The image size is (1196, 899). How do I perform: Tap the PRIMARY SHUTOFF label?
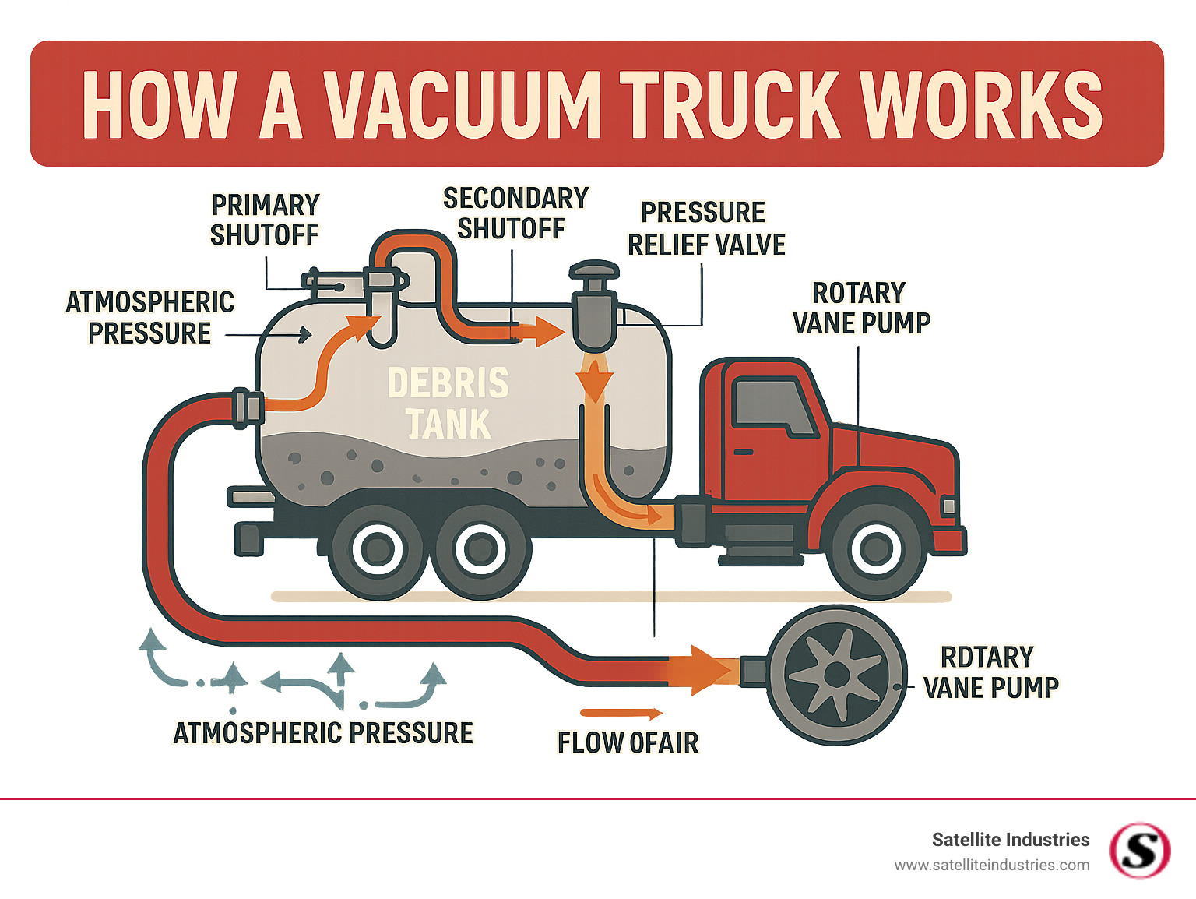click(x=265, y=220)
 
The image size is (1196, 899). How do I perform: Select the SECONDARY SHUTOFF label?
click(x=515, y=213)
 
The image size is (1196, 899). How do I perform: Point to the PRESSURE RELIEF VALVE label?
click(x=705, y=228)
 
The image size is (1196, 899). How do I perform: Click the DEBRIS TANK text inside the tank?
click(x=448, y=404)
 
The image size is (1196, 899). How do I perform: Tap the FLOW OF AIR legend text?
click(x=628, y=742)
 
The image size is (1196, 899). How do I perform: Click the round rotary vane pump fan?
click(x=837, y=675)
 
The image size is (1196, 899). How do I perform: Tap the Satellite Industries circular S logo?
click(x=1139, y=850)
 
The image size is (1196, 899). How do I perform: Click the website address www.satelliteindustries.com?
click(x=991, y=865)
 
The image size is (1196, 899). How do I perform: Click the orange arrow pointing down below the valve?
click(x=594, y=384)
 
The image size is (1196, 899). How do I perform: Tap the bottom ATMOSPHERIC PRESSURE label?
click(x=323, y=733)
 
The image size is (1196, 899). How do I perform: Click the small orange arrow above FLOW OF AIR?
click(x=621, y=713)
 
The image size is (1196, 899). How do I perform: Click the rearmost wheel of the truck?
click(x=378, y=550)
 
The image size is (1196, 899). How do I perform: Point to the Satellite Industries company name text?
click(x=1010, y=840)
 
